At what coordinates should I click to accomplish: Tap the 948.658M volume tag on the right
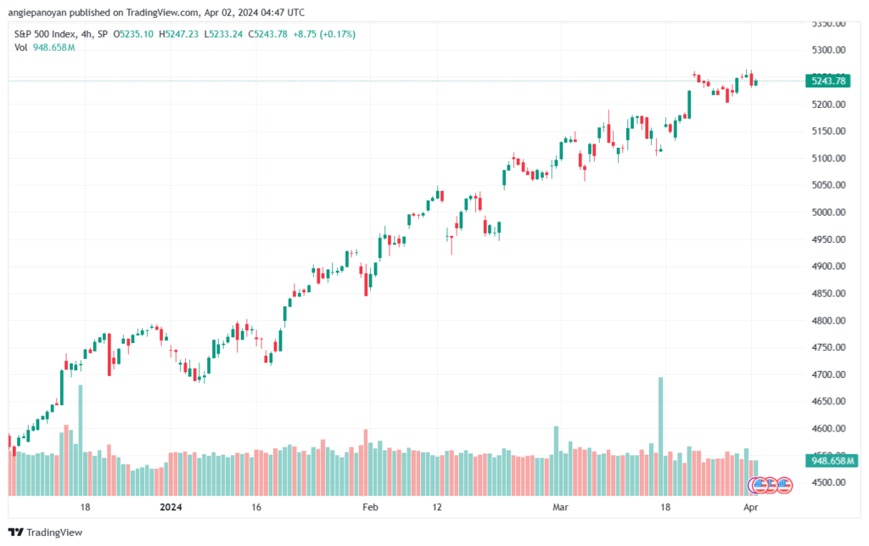[829, 460]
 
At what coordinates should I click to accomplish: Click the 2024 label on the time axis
[172, 507]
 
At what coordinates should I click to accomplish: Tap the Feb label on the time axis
[369, 507]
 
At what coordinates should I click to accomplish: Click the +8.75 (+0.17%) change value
[326, 34]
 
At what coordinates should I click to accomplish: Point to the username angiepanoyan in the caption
[36, 12]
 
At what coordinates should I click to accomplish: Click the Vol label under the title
[21, 47]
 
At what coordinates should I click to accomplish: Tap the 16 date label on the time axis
[256, 507]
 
